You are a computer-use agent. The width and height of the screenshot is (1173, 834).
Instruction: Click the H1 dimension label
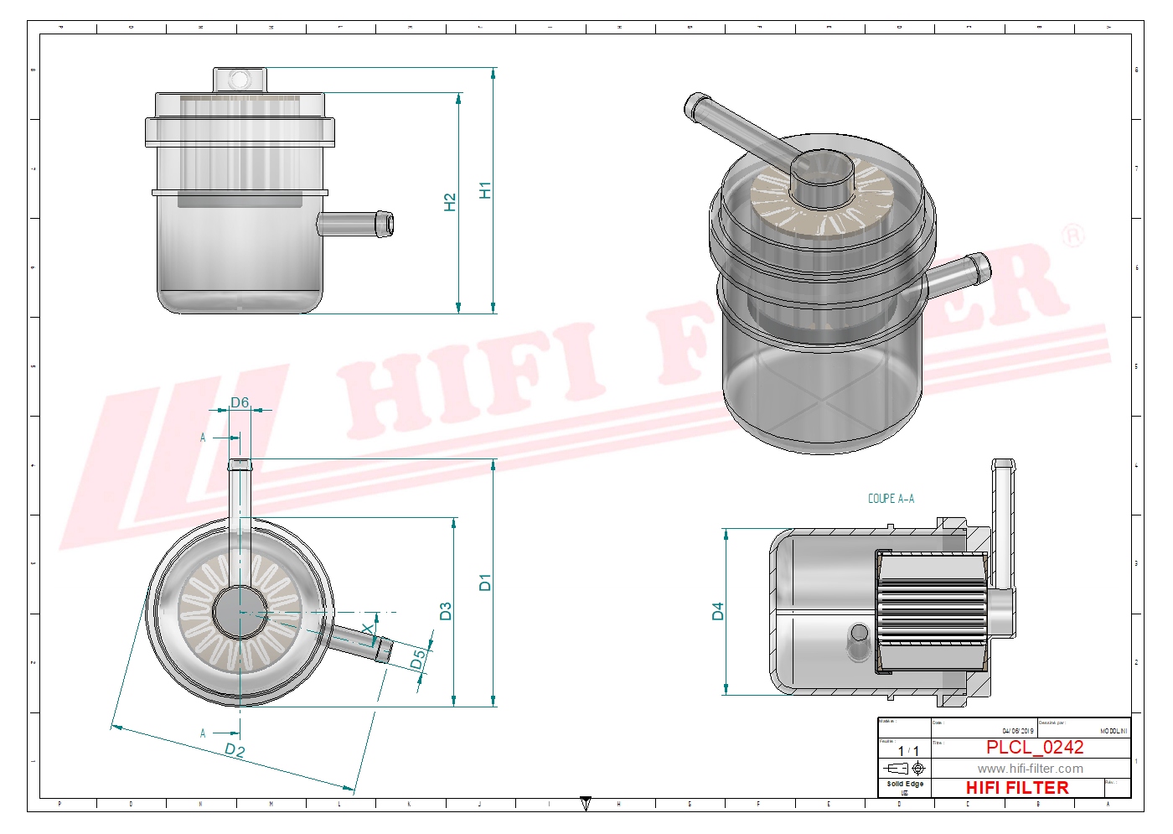485,190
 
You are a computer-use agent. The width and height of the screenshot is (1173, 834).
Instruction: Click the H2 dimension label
450,202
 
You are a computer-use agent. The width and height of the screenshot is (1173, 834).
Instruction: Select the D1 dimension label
485,582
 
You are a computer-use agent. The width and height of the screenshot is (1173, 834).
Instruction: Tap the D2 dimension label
235,750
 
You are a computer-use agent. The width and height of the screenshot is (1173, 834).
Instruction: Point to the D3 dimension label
446,611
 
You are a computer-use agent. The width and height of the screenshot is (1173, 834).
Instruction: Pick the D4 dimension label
717,611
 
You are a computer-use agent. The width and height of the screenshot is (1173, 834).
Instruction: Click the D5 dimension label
417,660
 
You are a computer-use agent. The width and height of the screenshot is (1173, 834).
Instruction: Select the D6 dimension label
240,402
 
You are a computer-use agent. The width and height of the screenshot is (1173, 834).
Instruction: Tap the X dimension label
368,629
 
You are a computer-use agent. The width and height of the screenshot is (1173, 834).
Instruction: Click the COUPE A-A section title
891,499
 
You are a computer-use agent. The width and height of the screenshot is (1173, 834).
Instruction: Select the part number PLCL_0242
1035,747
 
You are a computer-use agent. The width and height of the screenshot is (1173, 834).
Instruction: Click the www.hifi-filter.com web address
1030,769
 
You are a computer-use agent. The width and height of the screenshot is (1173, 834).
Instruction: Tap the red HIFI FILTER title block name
1017,788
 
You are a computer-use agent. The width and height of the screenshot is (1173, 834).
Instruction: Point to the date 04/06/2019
1018,731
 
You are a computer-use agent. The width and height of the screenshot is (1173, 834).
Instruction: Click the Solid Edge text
905,785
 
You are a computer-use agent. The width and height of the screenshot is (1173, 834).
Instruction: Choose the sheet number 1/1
908,751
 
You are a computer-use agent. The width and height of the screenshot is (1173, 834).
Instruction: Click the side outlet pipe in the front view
355,224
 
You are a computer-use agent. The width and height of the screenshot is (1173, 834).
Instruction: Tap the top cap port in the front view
240,80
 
